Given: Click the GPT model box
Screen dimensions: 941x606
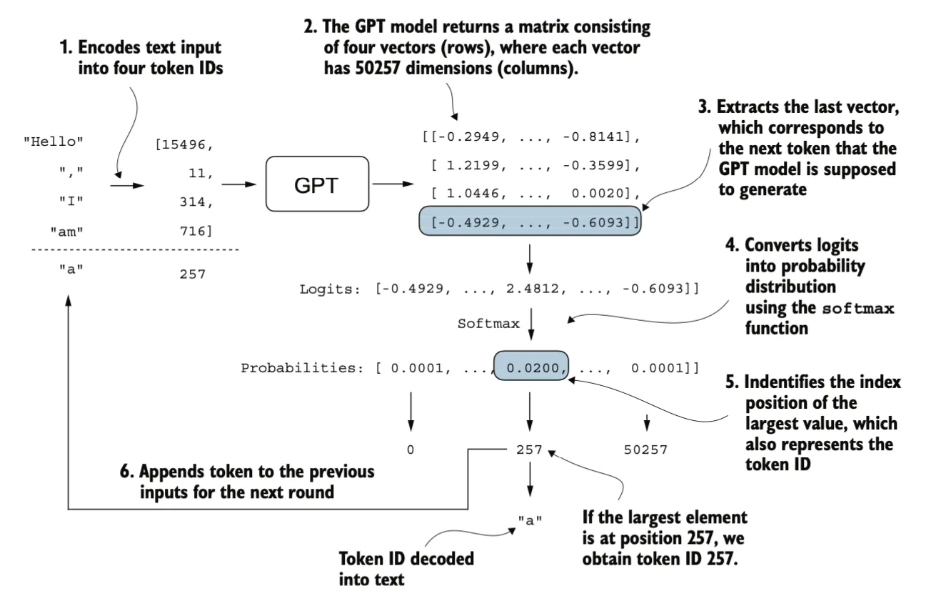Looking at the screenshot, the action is pos(317,184).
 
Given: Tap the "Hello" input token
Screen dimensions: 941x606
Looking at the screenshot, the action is pos(54,141).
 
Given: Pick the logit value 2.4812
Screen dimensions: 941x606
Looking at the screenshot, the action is pos(532,289).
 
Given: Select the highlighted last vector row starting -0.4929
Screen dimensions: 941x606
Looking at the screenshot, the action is pos(530,221).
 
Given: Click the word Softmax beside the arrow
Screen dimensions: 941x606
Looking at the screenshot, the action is pos(488,324).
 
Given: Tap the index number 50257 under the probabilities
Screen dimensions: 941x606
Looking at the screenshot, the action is pos(645,449).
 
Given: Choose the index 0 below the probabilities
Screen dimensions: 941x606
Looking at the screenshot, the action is pos(411,449).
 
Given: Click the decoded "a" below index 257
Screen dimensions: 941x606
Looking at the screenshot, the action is pos(530,521).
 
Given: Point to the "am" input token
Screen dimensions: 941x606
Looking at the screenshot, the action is pos(67,232).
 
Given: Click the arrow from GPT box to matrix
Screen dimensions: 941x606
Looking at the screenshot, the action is pos(393,184).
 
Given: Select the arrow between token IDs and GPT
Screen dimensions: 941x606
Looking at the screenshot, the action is pos(238,184).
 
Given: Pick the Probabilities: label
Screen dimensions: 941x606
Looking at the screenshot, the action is pos(301,368).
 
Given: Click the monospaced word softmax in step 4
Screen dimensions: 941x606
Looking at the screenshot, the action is pos(857,309).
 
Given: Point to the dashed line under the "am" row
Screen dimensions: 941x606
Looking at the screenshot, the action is pos(135,250).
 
